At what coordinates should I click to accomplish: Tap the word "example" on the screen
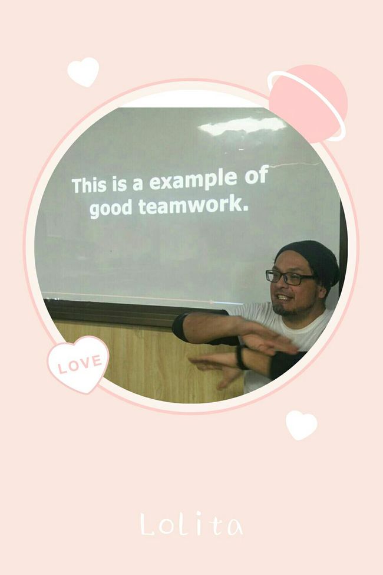(193, 181)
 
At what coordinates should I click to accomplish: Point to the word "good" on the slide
(110, 208)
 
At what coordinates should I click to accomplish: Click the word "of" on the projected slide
(256, 175)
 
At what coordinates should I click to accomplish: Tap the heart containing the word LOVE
(78, 363)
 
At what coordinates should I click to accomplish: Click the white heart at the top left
(83, 71)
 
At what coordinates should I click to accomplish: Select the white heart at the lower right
(301, 425)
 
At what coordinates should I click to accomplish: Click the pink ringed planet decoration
(308, 104)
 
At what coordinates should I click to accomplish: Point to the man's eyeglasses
(289, 278)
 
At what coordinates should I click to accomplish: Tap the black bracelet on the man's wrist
(240, 356)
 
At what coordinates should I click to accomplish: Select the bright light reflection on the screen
(242, 126)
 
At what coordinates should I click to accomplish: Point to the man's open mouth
(283, 297)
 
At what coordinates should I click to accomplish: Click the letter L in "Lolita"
(148, 524)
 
